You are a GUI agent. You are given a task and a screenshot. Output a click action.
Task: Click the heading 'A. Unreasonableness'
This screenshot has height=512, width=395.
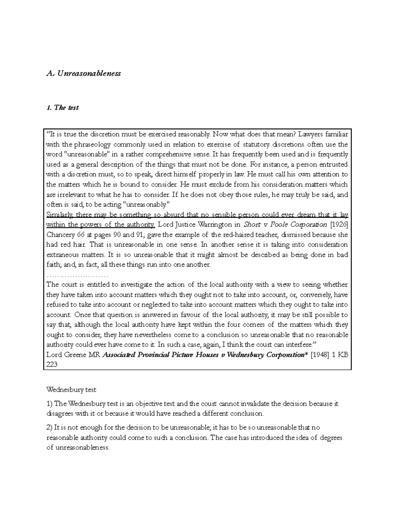coord(84,73)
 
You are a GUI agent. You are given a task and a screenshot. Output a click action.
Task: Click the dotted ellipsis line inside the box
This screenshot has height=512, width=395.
coord(77,275)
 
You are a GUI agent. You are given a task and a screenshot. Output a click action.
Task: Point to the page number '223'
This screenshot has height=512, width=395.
coord(52,365)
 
